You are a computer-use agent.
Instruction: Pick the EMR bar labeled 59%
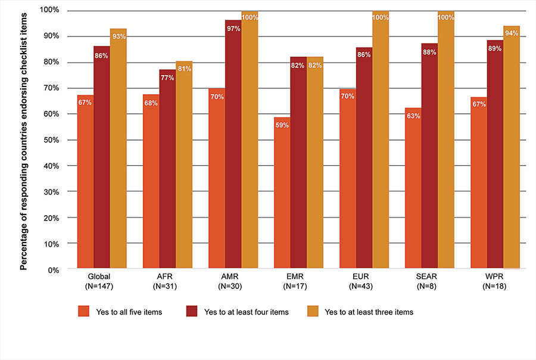(x=282, y=193)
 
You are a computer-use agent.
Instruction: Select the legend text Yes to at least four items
(x=246, y=311)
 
